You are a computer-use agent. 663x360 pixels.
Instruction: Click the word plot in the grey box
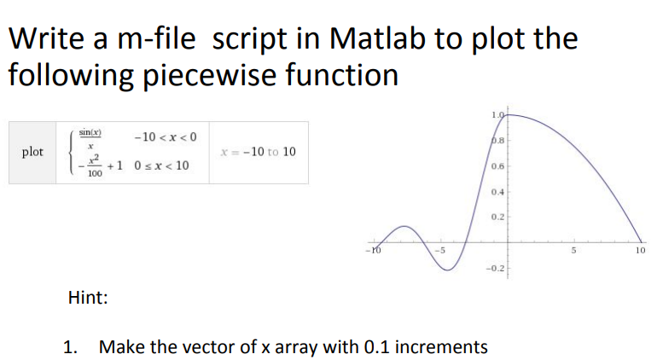tap(33, 152)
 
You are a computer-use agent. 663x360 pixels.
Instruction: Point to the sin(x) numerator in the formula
tap(90, 133)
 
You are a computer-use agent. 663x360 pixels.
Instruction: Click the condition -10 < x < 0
tap(166, 136)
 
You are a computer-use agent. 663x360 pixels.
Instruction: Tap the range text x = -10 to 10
tap(257, 152)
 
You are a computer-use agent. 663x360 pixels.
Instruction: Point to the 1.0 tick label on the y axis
tap(497, 115)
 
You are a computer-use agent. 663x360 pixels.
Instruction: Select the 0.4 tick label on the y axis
tap(497, 190)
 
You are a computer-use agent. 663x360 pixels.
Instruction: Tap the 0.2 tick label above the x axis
tap(497, 217)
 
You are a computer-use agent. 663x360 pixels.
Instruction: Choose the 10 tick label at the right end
tap(641, 250)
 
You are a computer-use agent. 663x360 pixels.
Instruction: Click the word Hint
tap(87, 298)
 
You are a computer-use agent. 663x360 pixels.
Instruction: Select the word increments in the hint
tap(443, 347)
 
